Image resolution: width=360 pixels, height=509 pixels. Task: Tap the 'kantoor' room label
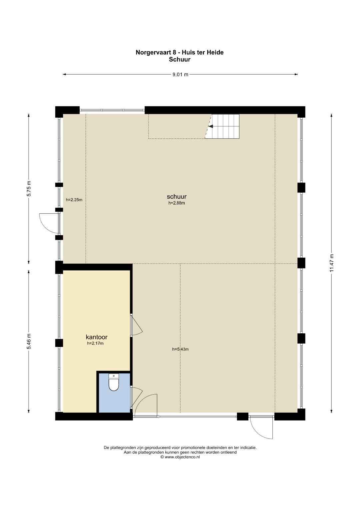pyautogui.click(x=97, y=337)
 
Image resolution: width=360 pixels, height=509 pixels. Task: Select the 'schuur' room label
pyautogui.click(x=177, y=196)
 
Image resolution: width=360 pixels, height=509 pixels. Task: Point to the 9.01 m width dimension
pyautogui.click(x=180, y=75)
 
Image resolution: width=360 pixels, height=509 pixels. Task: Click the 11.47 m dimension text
pyautogui.click(x=332, y=263)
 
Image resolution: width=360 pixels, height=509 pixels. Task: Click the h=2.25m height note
pyautogui.click(x=74, y=200)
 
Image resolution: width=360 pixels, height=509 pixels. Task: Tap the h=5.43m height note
pyautogui.click(x=180, y=349)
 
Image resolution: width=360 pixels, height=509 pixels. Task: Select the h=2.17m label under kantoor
pyautogui.click(x=95, y=343)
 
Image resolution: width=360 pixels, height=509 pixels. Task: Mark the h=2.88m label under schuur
pyautogui.click(x=177, y=203)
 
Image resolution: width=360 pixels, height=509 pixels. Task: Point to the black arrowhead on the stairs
pyautogui.click(x=211, y=126)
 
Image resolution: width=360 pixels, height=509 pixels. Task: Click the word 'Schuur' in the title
pyautogui.click(x=180, y=60)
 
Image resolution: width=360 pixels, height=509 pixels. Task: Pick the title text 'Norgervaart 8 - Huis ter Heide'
pyautogui.click(x=180, y=52)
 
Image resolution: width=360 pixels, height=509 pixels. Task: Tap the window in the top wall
pyautogui.click(x=112, y=110)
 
